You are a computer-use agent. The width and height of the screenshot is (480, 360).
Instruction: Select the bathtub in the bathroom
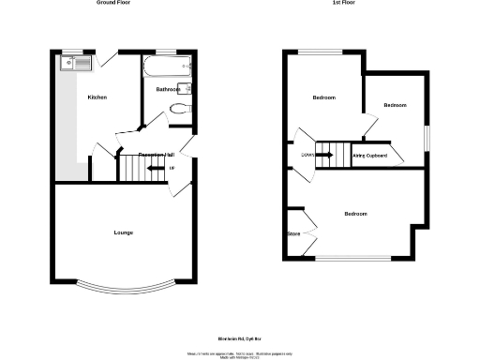[167, 66]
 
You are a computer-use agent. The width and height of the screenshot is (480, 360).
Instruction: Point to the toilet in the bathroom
[181, 109]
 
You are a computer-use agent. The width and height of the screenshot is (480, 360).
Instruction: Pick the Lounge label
[123, 232]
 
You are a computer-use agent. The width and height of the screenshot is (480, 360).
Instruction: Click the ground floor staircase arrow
[153, 169]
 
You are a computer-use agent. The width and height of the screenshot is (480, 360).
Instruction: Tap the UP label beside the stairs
[172, 169]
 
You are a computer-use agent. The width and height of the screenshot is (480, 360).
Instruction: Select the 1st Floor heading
[343, 4]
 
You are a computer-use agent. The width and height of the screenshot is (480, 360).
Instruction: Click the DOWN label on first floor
[307, 156]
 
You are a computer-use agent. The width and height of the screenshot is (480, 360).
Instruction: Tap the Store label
[293, 233]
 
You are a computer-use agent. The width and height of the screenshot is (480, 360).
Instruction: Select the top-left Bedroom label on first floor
[323, 97]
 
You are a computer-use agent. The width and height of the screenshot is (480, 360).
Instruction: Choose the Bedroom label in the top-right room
[396, 105]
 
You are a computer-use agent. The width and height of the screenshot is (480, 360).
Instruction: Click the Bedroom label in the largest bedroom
[355, 215]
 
